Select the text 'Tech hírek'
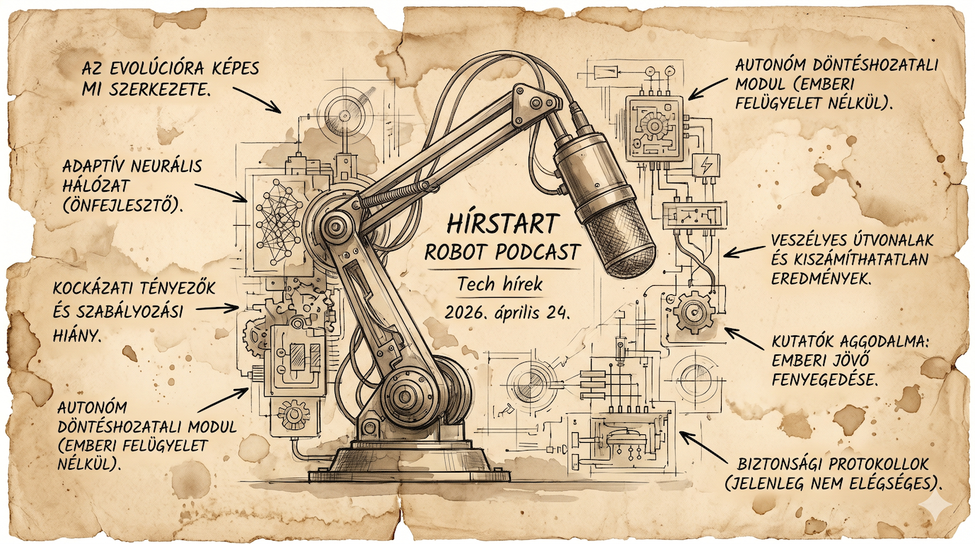point(500,284)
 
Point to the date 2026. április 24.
point(507,311)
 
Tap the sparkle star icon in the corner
point(942,507)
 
